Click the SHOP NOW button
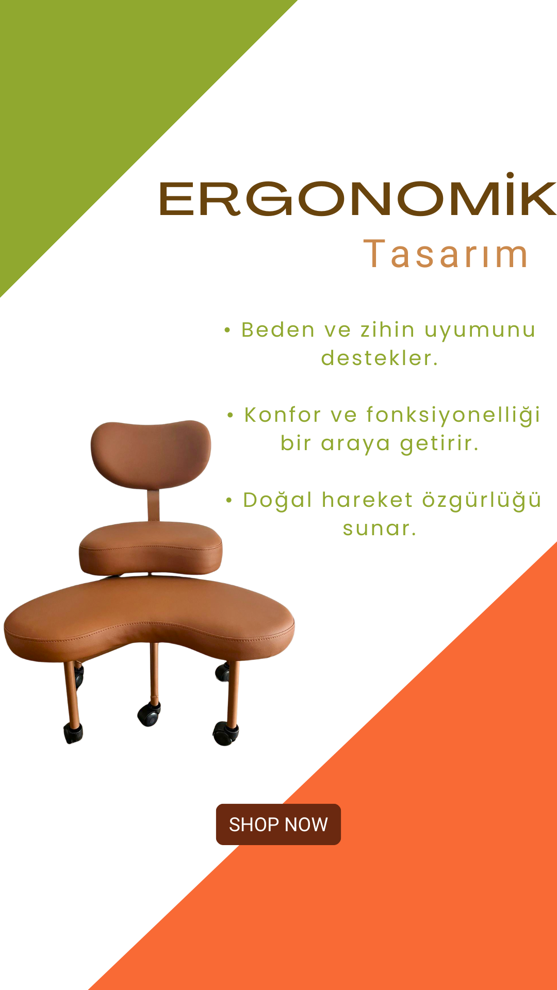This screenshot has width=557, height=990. (x=278, y=824)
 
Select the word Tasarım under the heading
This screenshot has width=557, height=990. (x=446, y=254)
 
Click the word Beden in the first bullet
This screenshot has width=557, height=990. (x=278, y=330)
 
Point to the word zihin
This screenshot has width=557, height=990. (x=387, y=330)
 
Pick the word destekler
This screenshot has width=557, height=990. (x=380, y=358)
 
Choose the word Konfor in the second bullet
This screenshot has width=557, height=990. (x=283, y=415)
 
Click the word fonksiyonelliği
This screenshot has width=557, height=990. (x=453, y=416)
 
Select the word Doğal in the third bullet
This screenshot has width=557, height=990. (x=277, y=500)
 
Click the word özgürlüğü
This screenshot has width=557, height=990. (x=482, y=500)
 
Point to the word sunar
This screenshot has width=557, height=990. (x=380, y=529)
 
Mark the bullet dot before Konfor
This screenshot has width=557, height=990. (x=231, y=415)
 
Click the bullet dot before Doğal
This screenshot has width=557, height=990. (x=230, y=500)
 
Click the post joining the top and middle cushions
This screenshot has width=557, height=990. (x=153, y=505)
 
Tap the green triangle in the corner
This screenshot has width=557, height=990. (x=98, y=98)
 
